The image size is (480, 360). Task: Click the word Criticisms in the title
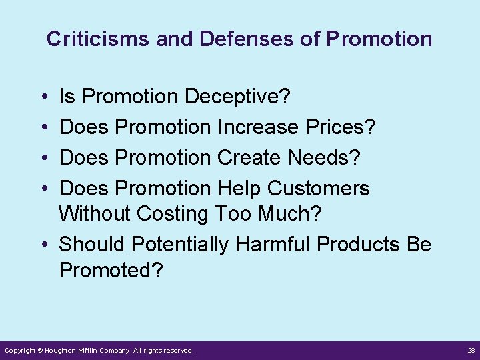pyautogui.click(x=98, y=39)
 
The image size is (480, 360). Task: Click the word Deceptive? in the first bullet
pyautogui.click(x=237, y=97)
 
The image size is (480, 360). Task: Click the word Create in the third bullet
pyautogui.click(x=249, y=158)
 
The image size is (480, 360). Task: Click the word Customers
pyautogui.click(x=318, y=189)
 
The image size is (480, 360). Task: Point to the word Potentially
pyautogui.click(x=180, y=245)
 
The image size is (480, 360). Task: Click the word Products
pyautogui.click(x=359, y=245)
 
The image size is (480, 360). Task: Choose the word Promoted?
pyautogui.click(x=111, y=270)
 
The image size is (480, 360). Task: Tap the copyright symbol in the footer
pyautogui.click(x=40, y=350)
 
